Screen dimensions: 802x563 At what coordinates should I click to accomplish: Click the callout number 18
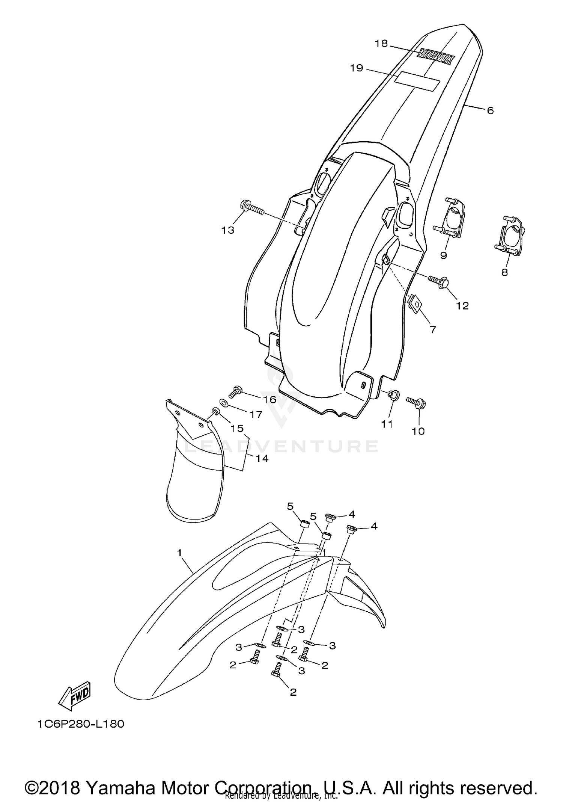pyautogui.click(x=381, y=44)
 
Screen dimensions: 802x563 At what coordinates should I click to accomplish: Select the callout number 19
pyautogui.click(x=357, y=68)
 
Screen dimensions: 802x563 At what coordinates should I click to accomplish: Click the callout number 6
pyautogui.click(x=490, y=110)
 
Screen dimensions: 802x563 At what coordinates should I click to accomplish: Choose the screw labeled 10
pyautogui.click(x=416, y=403)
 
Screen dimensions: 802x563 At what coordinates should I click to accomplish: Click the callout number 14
pyautogui.click(x=262, y=458)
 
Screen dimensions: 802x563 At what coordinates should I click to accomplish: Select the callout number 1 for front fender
pyautogui.click(x=179, y=553)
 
